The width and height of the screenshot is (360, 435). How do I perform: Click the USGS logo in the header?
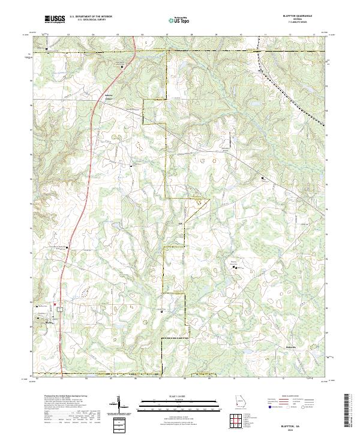(55, 19)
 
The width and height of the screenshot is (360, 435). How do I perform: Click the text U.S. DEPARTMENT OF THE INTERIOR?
(91, 17)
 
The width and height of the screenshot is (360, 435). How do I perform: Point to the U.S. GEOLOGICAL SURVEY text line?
(91, 20)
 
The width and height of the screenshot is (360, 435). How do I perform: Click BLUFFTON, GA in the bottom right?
(301, 422)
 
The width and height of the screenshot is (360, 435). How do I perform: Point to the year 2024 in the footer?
(301, 428)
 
